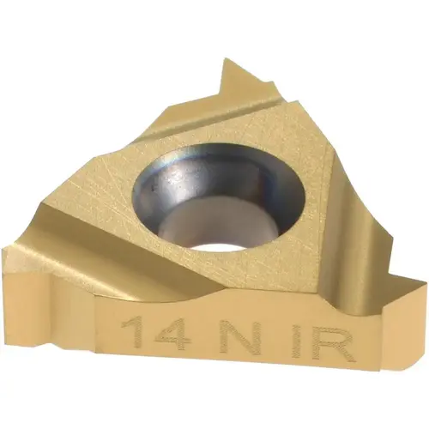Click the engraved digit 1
131,330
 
